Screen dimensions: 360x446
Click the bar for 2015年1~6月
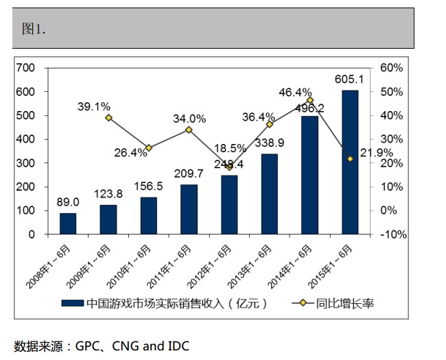pyautogui.click(x=349, y=163)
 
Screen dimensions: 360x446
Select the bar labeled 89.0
pyautogui.click(x=68, y=224)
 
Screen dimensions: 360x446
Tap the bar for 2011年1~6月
pyautogui.click(x=189, y=209)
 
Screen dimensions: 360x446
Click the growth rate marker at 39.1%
pyautogui.click(x=108, y=117)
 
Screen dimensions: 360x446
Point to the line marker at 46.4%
pyautogui.click(x=309, y=100)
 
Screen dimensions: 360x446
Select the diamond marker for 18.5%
pyautogui.click(x=229, y=167)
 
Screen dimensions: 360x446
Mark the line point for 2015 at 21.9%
pyautogui.click(x=350, y=158)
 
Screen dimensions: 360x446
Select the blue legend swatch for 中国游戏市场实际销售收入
pyautogui.click(x=72, y=303)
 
